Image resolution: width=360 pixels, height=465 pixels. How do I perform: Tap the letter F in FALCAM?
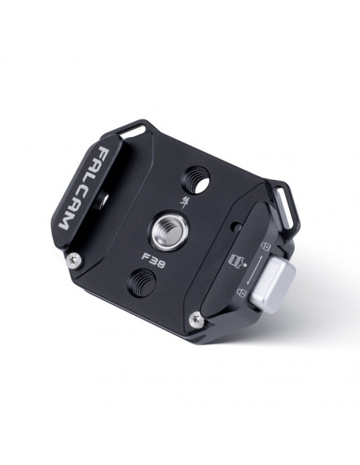(106, 153)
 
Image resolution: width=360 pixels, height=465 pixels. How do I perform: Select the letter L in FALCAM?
(90, 179)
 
